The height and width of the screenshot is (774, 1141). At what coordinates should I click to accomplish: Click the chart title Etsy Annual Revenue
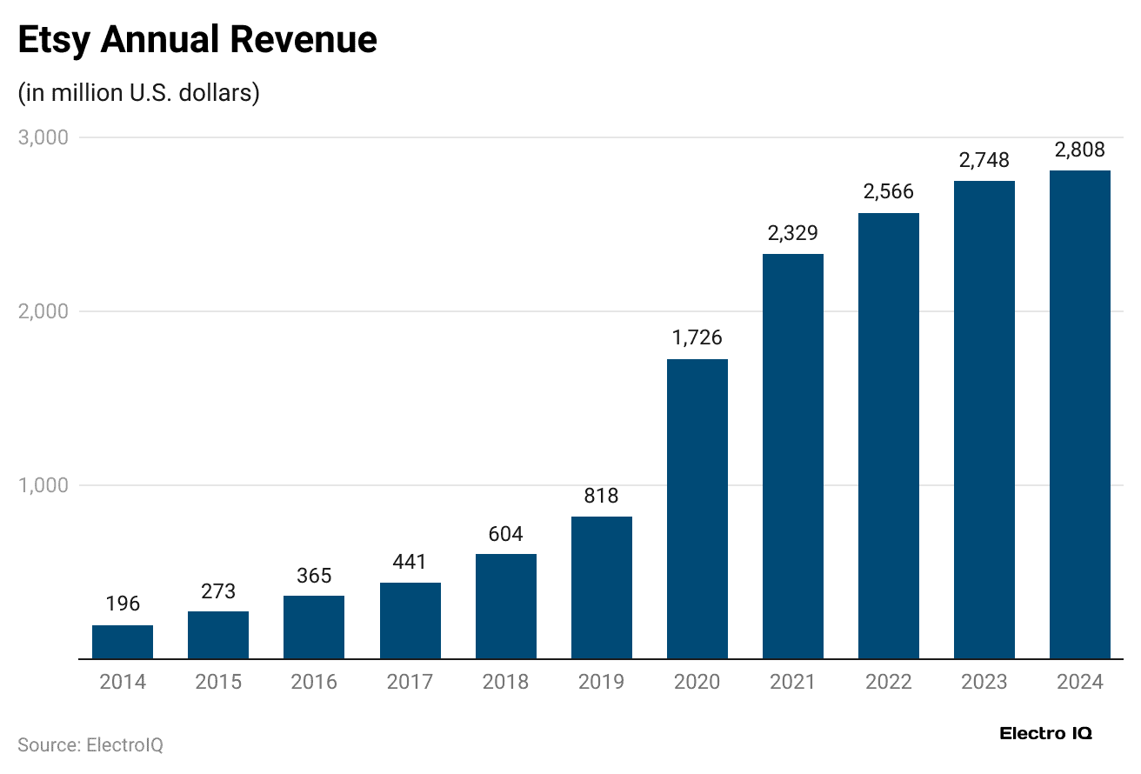[197, 41]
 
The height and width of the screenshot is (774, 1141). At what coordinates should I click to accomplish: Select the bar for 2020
[697, 509]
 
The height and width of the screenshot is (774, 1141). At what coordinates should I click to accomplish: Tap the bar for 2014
[123, 642]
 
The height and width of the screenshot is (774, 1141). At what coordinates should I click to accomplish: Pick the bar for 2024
[1079, 415]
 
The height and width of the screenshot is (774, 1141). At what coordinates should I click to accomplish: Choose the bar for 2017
[410, 620]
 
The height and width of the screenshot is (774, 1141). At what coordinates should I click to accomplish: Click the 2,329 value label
[792, 233]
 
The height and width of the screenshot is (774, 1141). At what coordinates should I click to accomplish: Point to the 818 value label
[601, 496]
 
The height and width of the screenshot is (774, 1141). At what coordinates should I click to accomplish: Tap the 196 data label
[123, 604]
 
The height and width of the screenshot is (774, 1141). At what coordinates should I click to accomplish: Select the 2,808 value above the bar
[1079, 150]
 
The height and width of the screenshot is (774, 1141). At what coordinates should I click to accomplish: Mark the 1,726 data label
[697, 337]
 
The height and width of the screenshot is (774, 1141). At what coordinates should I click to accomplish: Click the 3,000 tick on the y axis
[43, 137]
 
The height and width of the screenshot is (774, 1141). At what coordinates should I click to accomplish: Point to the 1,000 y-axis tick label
[43, 485]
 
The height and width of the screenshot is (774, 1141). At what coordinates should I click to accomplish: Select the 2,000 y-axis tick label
[43, 311]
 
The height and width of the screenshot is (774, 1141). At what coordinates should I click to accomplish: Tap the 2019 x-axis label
[601, 682]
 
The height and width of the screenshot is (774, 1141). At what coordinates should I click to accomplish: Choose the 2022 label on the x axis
[888, 682]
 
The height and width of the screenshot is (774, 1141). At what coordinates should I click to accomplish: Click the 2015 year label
[218, 682]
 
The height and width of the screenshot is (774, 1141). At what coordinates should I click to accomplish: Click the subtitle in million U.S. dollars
[139, 93]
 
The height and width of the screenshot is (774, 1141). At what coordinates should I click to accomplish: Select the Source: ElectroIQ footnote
[90, 745]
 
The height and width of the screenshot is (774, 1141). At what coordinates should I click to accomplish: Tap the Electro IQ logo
[1046, 733]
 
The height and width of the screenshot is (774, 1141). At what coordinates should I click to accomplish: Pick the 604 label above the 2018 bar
[505, 533]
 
